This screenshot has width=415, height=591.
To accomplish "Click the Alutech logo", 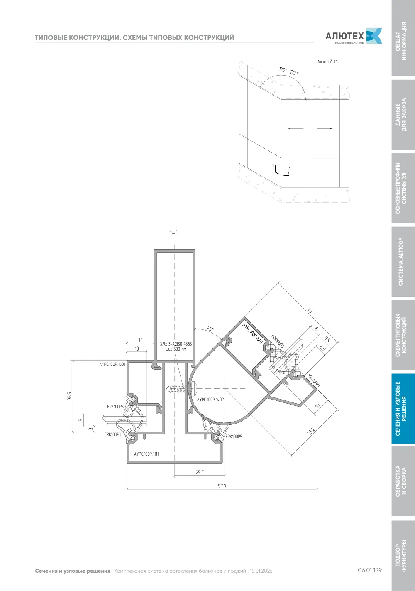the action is coord(353,36).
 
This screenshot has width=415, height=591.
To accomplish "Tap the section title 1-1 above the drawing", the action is coord(173,233).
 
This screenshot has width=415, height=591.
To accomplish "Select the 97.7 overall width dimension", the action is coord(222,486).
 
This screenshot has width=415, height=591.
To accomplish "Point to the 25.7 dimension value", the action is coord(200,472).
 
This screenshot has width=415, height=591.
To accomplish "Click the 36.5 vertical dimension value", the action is coord(69,396).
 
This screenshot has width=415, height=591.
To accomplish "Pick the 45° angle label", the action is coord(211,329).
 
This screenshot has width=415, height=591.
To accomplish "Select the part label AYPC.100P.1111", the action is coord(146,454).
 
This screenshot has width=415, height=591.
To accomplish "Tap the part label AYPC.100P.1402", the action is coord(210,400).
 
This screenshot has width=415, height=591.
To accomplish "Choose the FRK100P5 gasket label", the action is coord(234,437).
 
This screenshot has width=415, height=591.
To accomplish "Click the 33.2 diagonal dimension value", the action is coord(311,431).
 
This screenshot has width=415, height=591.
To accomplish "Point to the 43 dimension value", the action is coord(310,310).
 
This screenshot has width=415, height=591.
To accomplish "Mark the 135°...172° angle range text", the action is coord(289,71).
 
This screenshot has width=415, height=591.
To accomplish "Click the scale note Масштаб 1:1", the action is coord(327,61).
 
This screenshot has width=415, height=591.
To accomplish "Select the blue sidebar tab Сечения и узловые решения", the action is coord(403,408).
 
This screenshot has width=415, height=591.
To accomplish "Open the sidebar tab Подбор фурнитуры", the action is coord(403,555).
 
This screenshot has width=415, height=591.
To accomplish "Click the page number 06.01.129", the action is coord(370,570).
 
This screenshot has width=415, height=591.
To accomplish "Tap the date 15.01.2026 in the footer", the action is coord(261,571).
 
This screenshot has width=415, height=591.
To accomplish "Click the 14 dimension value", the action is coord(141,340).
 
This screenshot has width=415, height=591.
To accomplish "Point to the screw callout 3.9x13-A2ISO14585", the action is coord(176,344).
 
